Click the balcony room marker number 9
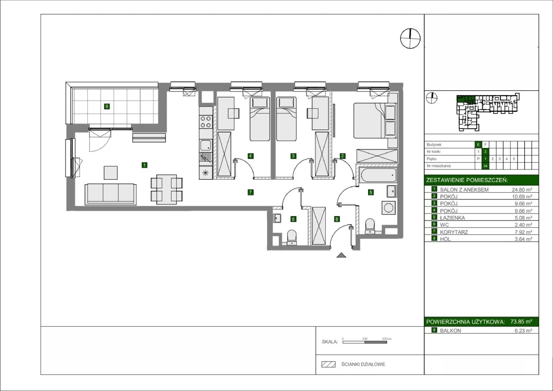point(107,106)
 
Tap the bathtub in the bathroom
point(378,175)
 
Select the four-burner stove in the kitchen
point(206,122)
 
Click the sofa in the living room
point(111,194)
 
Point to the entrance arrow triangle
point(341,255)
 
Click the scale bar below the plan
point(365,342)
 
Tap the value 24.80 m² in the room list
point(522,190)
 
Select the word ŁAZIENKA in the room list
point(452,218)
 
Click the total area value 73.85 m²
point(521,322)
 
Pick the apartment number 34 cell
point(485,166)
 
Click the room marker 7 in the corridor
point(250,192)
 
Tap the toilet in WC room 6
point(292,238)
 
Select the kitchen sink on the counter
point(206,145)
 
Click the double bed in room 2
point(375,121)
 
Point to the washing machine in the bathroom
point(388,208)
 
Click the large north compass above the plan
point(410,38)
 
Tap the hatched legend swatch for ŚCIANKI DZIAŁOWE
point(328,364)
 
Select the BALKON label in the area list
point(450,331)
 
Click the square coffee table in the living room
point(111,173)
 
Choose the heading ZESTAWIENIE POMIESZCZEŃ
point(467,180)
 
